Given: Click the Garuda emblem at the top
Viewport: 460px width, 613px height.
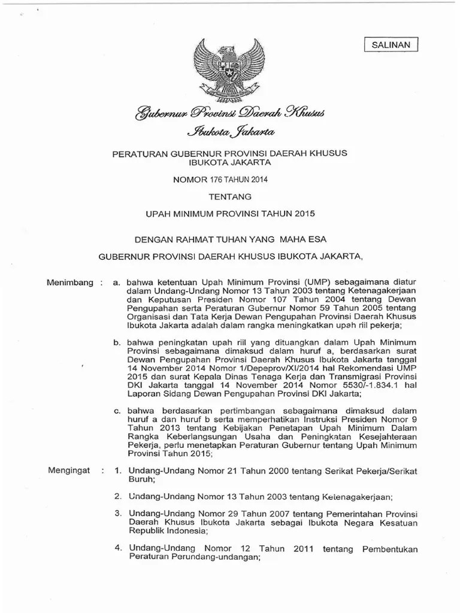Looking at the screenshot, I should tap(230, 68).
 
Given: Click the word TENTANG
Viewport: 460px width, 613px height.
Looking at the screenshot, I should tap(230, 196).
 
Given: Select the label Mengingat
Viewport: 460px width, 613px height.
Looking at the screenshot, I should tap(69, 470).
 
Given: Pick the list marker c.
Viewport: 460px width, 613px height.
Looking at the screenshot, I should tap(117, 411).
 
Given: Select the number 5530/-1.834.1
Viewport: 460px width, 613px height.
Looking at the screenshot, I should tap(368, 386).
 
